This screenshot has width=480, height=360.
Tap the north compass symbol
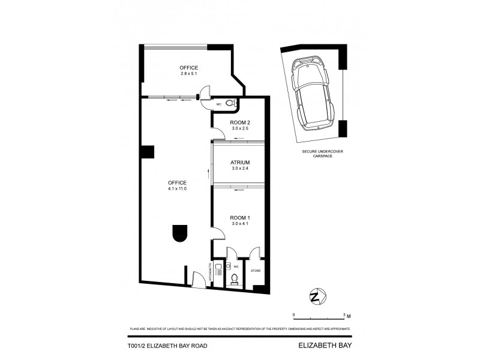(x=316, y=296)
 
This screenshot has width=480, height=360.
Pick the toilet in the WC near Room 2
(x=235, y=103)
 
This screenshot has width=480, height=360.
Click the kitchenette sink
(x=219, y=267)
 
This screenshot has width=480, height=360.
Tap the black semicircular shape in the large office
(x=179, y=233)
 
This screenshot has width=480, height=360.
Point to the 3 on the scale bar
(x=344, y=314)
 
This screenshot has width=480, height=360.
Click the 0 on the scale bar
(x=294, y=314)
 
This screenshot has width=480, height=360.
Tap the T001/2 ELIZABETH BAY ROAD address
(x=168, y=346)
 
